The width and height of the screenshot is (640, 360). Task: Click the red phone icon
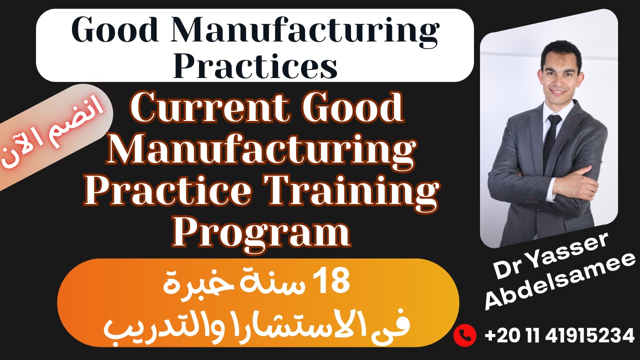(x=464, y=335)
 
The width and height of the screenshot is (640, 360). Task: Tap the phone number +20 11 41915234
(x=559, y=335)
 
